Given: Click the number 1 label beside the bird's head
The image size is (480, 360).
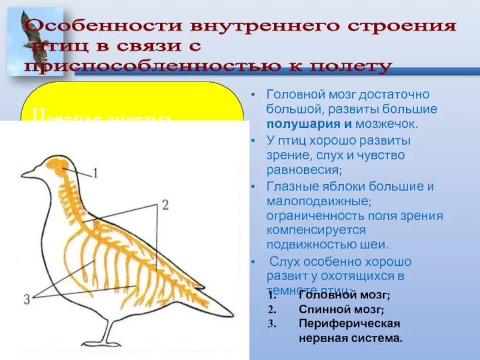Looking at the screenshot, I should (x=94, y=173).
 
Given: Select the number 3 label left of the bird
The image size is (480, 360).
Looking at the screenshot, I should (x=26, y=298).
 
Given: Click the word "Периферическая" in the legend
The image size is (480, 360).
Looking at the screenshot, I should (x=349, y=324).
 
